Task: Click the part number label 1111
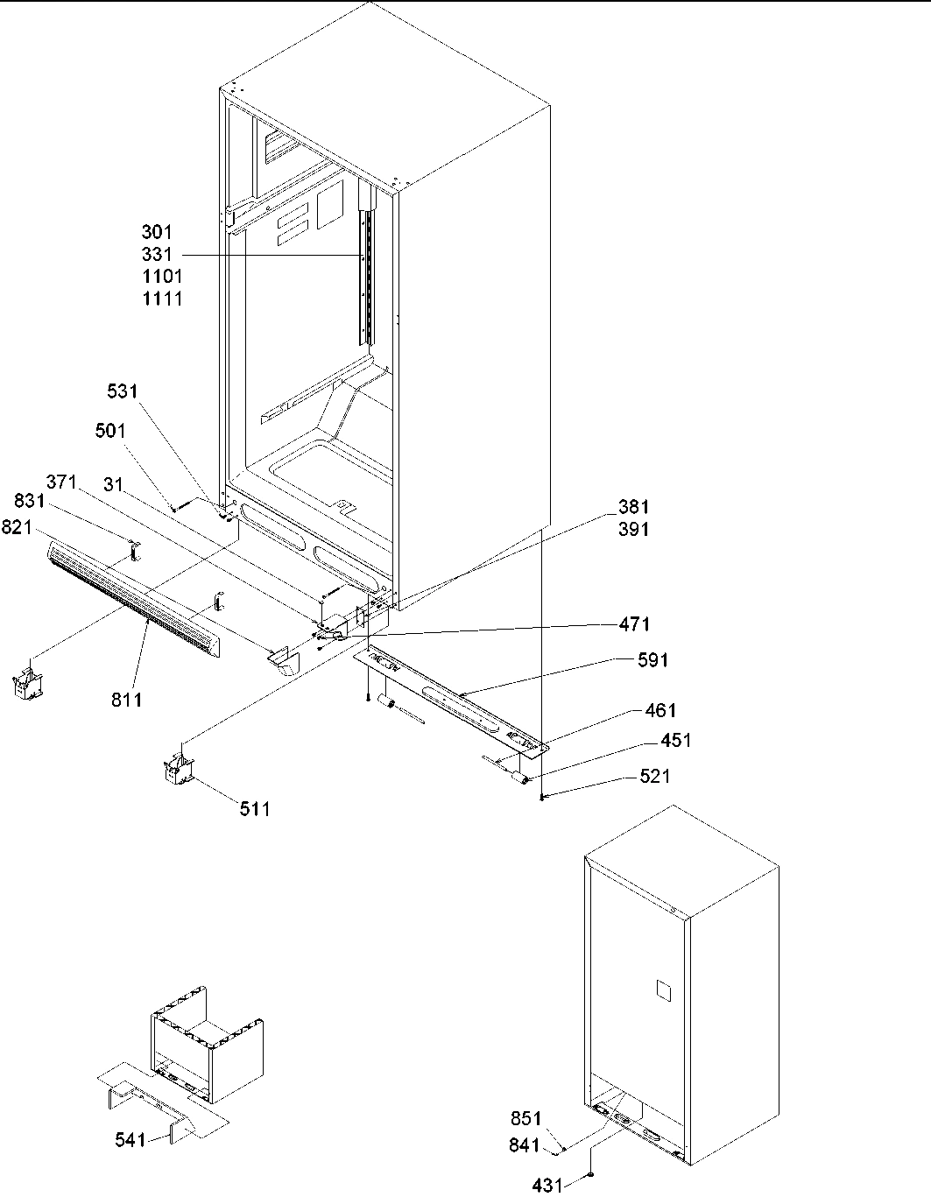tap(162, 299)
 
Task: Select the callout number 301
tap(157, 232)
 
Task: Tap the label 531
tap(123, 391)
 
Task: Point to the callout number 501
tap(110, 431)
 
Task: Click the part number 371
tap(62, 482)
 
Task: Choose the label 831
tap(32, 501)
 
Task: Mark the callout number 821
tap(18, 526)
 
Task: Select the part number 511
tap(255, 809)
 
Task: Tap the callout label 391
tap(633, 530)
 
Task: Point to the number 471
tap(634, 624)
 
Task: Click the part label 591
tap(652, 660)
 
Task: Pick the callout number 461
tap(660, 710)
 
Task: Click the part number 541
tap(132, 1139)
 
